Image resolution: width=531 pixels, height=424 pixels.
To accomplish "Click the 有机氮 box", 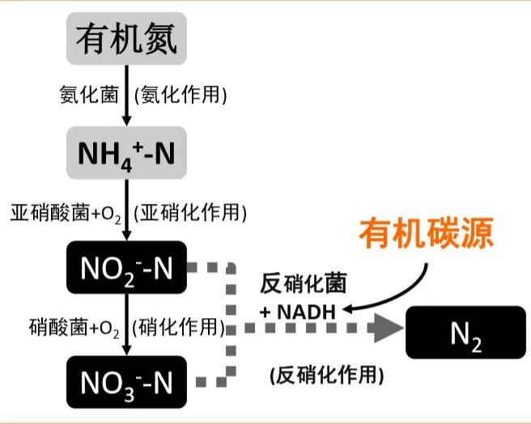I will pyautogui.click(x=125, y=38).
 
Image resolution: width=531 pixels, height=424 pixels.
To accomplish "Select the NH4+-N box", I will pyautogui.click(x=125, y=153).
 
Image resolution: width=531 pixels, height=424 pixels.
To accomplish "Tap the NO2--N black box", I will pyautogui.click(x=125, y=268).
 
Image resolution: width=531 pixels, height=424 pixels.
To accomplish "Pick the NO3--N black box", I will pyautogui.click(x=125, y=381).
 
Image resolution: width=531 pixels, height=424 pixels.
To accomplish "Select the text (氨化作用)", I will pyautogui.click(x=181, y=95).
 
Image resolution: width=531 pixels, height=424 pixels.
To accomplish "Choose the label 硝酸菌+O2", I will pyautogui.click(x=74, y=328).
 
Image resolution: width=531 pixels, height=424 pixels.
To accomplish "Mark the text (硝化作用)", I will pyautogui.click(x=179, y=328).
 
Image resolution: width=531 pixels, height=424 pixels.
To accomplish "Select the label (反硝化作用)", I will pyautogui.click(x=326, y=375).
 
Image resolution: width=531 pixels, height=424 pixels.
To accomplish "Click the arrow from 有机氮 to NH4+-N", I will pyautogui.click(x=125, y=95).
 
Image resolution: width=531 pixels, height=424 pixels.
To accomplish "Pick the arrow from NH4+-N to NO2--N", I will pyautogui.click(x=125, y=213).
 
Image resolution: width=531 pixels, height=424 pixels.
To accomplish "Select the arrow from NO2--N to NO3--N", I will pyautogui.click(x=125, y=325).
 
